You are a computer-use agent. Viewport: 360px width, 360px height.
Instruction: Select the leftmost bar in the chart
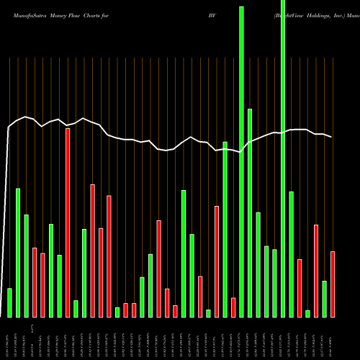tap(9, 302)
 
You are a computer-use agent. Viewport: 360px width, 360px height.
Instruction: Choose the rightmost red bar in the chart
tap(333, 284)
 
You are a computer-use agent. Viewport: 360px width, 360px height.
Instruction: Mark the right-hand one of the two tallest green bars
tap(283, 158)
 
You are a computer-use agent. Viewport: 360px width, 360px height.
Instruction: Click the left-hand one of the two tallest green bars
tap(241, 161)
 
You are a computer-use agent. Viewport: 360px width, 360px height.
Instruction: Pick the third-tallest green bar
tap(250, 212)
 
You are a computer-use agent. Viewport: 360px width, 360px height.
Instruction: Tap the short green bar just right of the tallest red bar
tap(76, 308)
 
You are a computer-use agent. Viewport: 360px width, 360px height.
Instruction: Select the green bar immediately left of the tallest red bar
tap(59, 286)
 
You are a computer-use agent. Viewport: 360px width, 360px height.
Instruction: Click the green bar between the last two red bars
tap(325, 299)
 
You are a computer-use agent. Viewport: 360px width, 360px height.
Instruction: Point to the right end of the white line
tap(331, 137)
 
